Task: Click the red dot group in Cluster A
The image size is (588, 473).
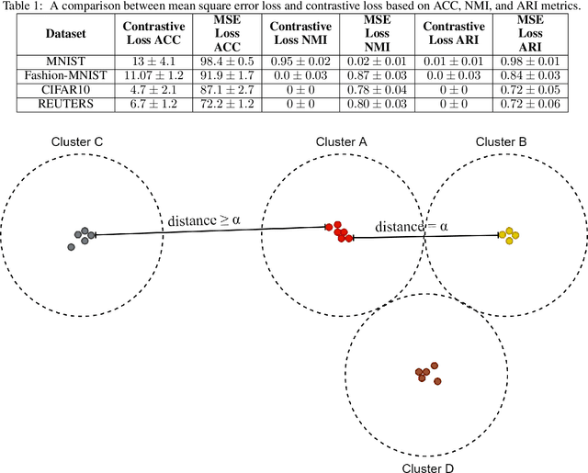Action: point(341,231)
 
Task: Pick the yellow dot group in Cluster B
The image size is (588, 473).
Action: point(508,235)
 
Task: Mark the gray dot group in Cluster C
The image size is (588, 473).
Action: point(82,237)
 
